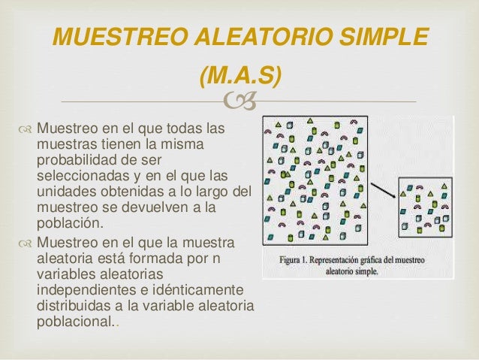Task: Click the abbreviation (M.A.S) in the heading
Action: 240,75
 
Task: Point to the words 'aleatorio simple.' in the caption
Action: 352,271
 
